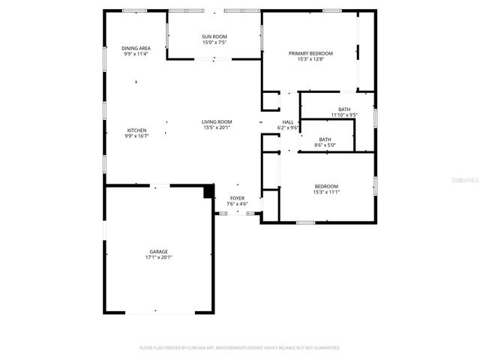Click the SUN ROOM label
coord(214,37)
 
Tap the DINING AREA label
coord(136,48)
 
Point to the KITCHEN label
coord(136,130)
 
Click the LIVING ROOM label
coord(217,122)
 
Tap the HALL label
coord(288,122)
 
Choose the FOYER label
coord(237,198)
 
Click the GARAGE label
coord(158,251)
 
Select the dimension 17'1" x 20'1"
coord(158,257)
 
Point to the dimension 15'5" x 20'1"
coord(217,128)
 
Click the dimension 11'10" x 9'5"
coord(344,115)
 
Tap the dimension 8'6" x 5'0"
coord(325,145)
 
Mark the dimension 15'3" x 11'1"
coord(326,192)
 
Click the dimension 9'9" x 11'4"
coord(136,54)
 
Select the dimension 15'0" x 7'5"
coord(214,43)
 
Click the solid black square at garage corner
coord(209,192)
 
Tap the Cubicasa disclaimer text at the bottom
coord(240,348)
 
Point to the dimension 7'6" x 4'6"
coord(237,204)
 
